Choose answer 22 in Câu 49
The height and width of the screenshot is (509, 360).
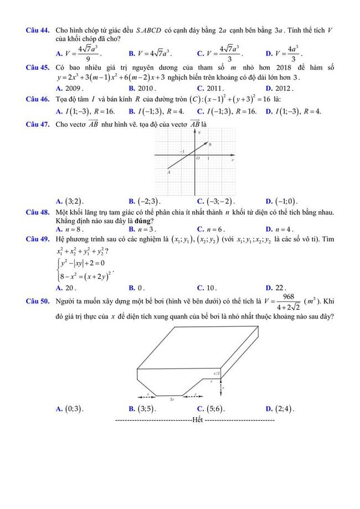click(x=280, y=287)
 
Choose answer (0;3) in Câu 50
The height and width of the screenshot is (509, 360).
click(x=74, y=409)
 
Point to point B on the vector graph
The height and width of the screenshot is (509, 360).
click(x=210, y=144)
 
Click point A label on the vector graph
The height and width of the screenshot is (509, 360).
click(x=168, y=172)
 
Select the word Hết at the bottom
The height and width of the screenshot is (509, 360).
click(x=198, y=420)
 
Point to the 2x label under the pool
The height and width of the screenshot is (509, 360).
click(x=172, y=399)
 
